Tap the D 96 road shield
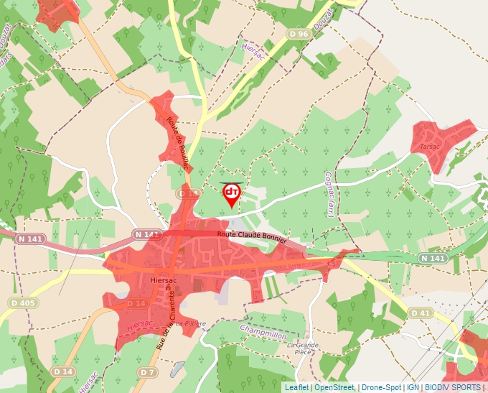299,34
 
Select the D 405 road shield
24,303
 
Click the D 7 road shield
148,372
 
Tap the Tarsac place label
430,147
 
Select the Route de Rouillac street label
177,144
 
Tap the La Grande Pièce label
303,349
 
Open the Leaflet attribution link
296,387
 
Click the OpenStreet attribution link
334,387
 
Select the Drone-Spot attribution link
381,387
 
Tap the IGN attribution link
413,387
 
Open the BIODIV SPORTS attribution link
452,387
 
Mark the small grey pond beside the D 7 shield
177,369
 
